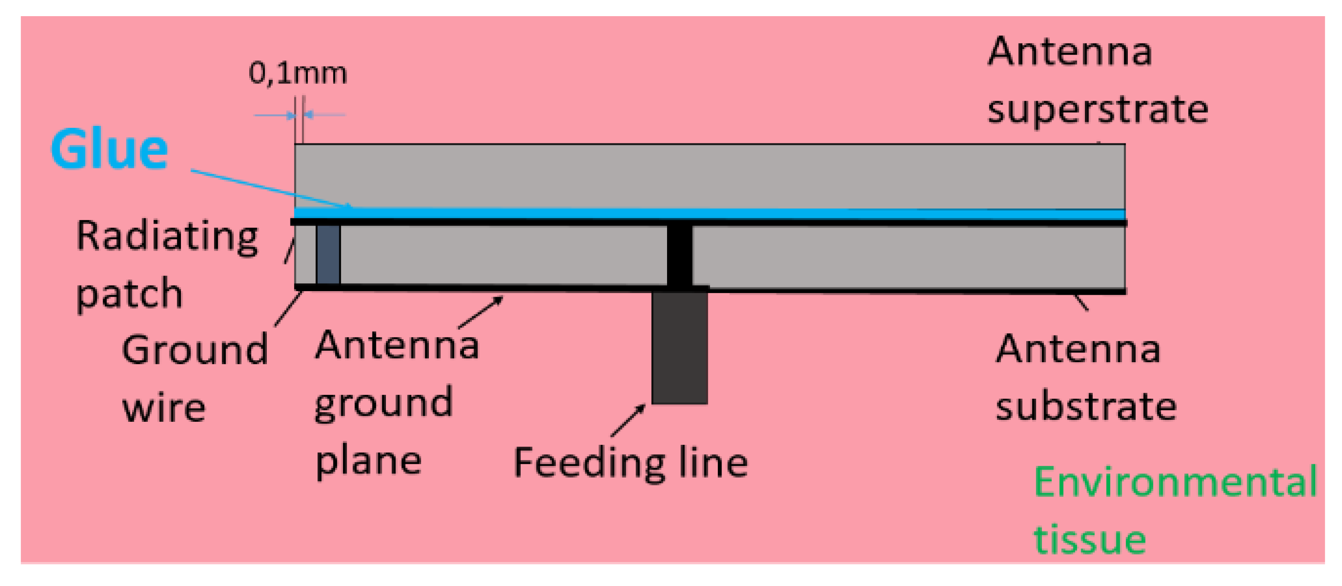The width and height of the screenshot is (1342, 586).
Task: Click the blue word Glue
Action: [x=109, y=149]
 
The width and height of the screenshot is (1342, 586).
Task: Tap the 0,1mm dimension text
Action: [x=297, y=73]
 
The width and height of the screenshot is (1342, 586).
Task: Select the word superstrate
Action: [x=1097, y=111]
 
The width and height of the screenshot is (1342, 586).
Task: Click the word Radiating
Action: [x=167, y=237]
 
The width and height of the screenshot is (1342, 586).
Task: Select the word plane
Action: [x=368, y=461]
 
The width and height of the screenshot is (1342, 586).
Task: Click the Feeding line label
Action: [x=630, y=463]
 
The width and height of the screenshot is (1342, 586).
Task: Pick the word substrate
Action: [x=1086, y=407]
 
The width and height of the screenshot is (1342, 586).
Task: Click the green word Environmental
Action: [x=1175, y=482]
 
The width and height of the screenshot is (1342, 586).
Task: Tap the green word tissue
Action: [x=1090, y=540]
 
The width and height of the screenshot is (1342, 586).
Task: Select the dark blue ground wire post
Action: [x=328, y=255]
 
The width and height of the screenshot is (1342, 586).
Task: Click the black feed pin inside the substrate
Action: [x=680, y=255]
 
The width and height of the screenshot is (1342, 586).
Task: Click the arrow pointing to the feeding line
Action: [x=628, y=421]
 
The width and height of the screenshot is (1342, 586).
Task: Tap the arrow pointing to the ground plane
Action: [x=480, y=312]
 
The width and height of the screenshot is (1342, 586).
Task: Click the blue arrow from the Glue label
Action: [x=271, y=189]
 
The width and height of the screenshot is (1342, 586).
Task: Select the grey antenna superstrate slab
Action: [x=709, y=175]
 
